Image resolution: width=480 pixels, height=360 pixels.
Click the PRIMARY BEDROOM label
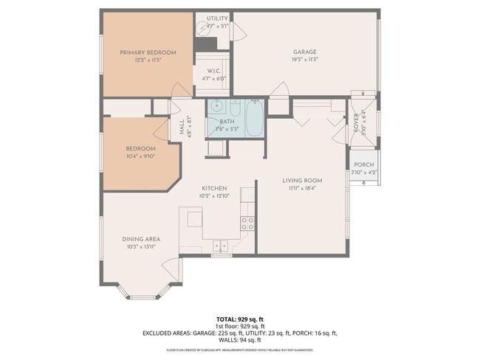pyautogui.click(x=148, y=52)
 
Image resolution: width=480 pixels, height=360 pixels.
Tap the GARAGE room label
pyautogui.click(x=299, y=52)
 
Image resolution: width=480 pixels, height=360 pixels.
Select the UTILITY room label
pyautogui.click(x=217, y=18)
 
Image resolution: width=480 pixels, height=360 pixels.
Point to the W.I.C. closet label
pyautogui.click(x=214, y=71)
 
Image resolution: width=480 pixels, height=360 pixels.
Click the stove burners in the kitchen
pyautogui.click(x=248, y=222)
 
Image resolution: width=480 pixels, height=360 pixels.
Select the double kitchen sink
pyautogui.click(x=219, y=246)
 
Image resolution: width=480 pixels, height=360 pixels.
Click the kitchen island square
pyautogui.click(x=194, y=218)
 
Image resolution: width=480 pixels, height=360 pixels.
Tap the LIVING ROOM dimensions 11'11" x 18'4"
pyautogui.click(x=303, y=188)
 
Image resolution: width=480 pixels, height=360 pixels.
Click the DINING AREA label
pyautogui.click(x=141, y=239)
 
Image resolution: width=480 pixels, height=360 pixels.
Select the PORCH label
pyautogui.click(x=363, y=165)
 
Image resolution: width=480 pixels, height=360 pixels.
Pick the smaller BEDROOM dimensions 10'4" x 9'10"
pyautogui.click(x=140, y=156)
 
